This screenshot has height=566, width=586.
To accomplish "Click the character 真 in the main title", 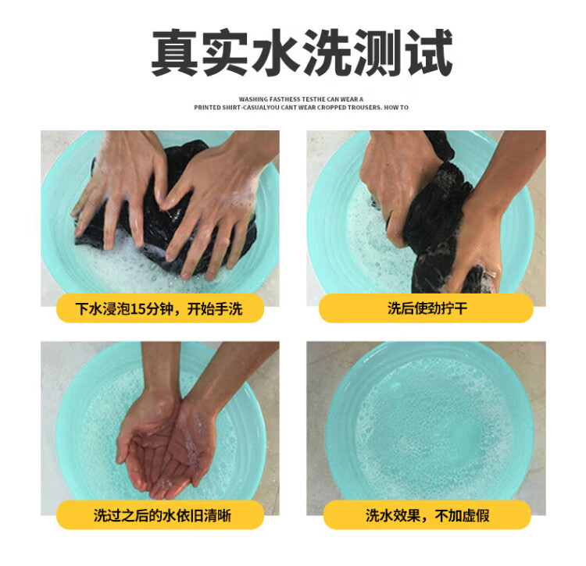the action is point(175,52).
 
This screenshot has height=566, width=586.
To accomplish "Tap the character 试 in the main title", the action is point(429,52).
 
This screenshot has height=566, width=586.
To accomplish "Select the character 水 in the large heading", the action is point(277,52).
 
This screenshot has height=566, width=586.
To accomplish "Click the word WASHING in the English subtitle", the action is point(253,99).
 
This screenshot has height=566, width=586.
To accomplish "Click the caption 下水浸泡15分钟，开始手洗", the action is point(159,308).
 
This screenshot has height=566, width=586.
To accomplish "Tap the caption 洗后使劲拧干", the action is point(427,308).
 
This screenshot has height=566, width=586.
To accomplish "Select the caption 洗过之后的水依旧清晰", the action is point(163,515).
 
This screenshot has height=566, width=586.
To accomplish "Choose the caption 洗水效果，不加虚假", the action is point(427,515).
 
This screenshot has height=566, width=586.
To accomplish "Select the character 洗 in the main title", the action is point(327,52).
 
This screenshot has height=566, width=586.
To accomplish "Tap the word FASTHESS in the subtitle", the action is point(284,99).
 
